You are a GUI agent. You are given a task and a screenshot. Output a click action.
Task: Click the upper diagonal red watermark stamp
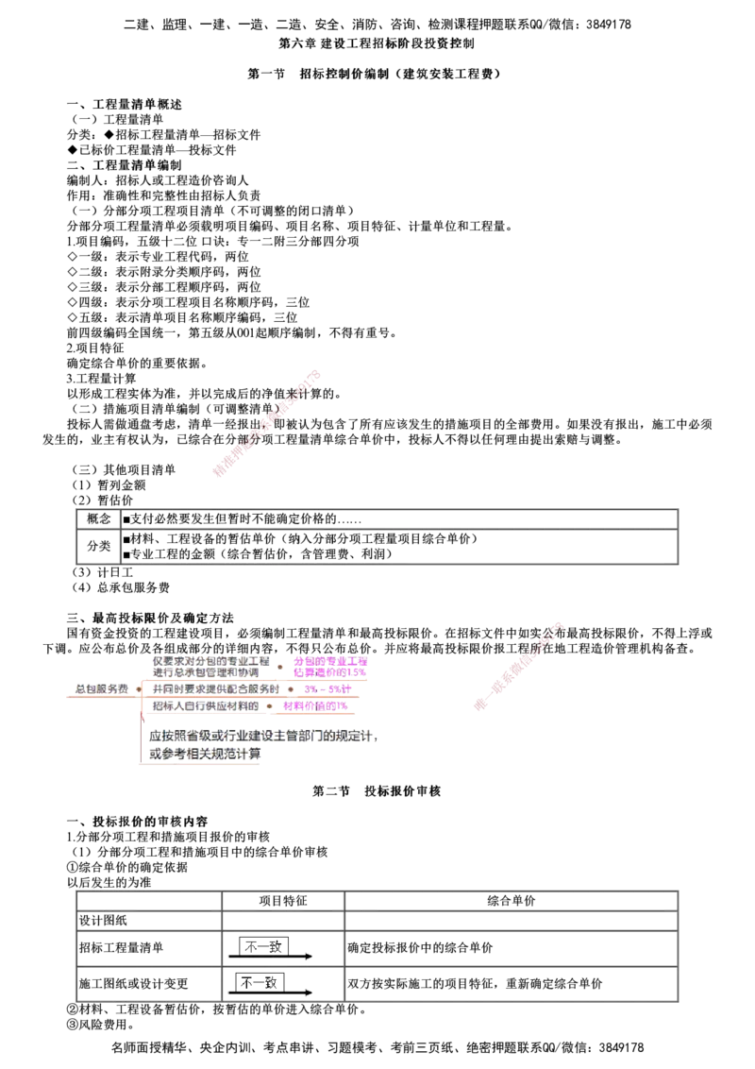pyautogui.click(x=268, y=424)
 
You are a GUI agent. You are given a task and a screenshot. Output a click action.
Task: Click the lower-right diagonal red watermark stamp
pyautogui.click(x=519, y=666)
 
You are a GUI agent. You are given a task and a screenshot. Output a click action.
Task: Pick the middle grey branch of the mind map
pyautogui.click(x=216, y=689)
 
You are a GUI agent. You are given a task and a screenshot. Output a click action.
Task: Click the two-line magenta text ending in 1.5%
pyautogui.click(x=330, y=666)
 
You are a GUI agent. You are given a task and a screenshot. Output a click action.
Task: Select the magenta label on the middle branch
pyautogui.click(x=327, y=689)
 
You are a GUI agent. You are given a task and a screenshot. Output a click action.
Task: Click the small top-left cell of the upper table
pyautogui.click(x=96, y=518)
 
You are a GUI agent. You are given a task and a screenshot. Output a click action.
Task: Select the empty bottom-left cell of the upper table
pyautogui.click(x=96, y=547)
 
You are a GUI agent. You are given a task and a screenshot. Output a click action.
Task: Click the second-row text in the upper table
pyautogui.click(x=302, y=545)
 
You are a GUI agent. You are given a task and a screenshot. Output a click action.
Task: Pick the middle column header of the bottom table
pyautogui.click(x=282, y=899)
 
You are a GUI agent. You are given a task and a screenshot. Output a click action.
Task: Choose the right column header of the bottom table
pyautogui.click(x=511, y=899)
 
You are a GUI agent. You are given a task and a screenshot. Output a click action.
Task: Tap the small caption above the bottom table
pyautogui.click(x=113, y=884)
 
